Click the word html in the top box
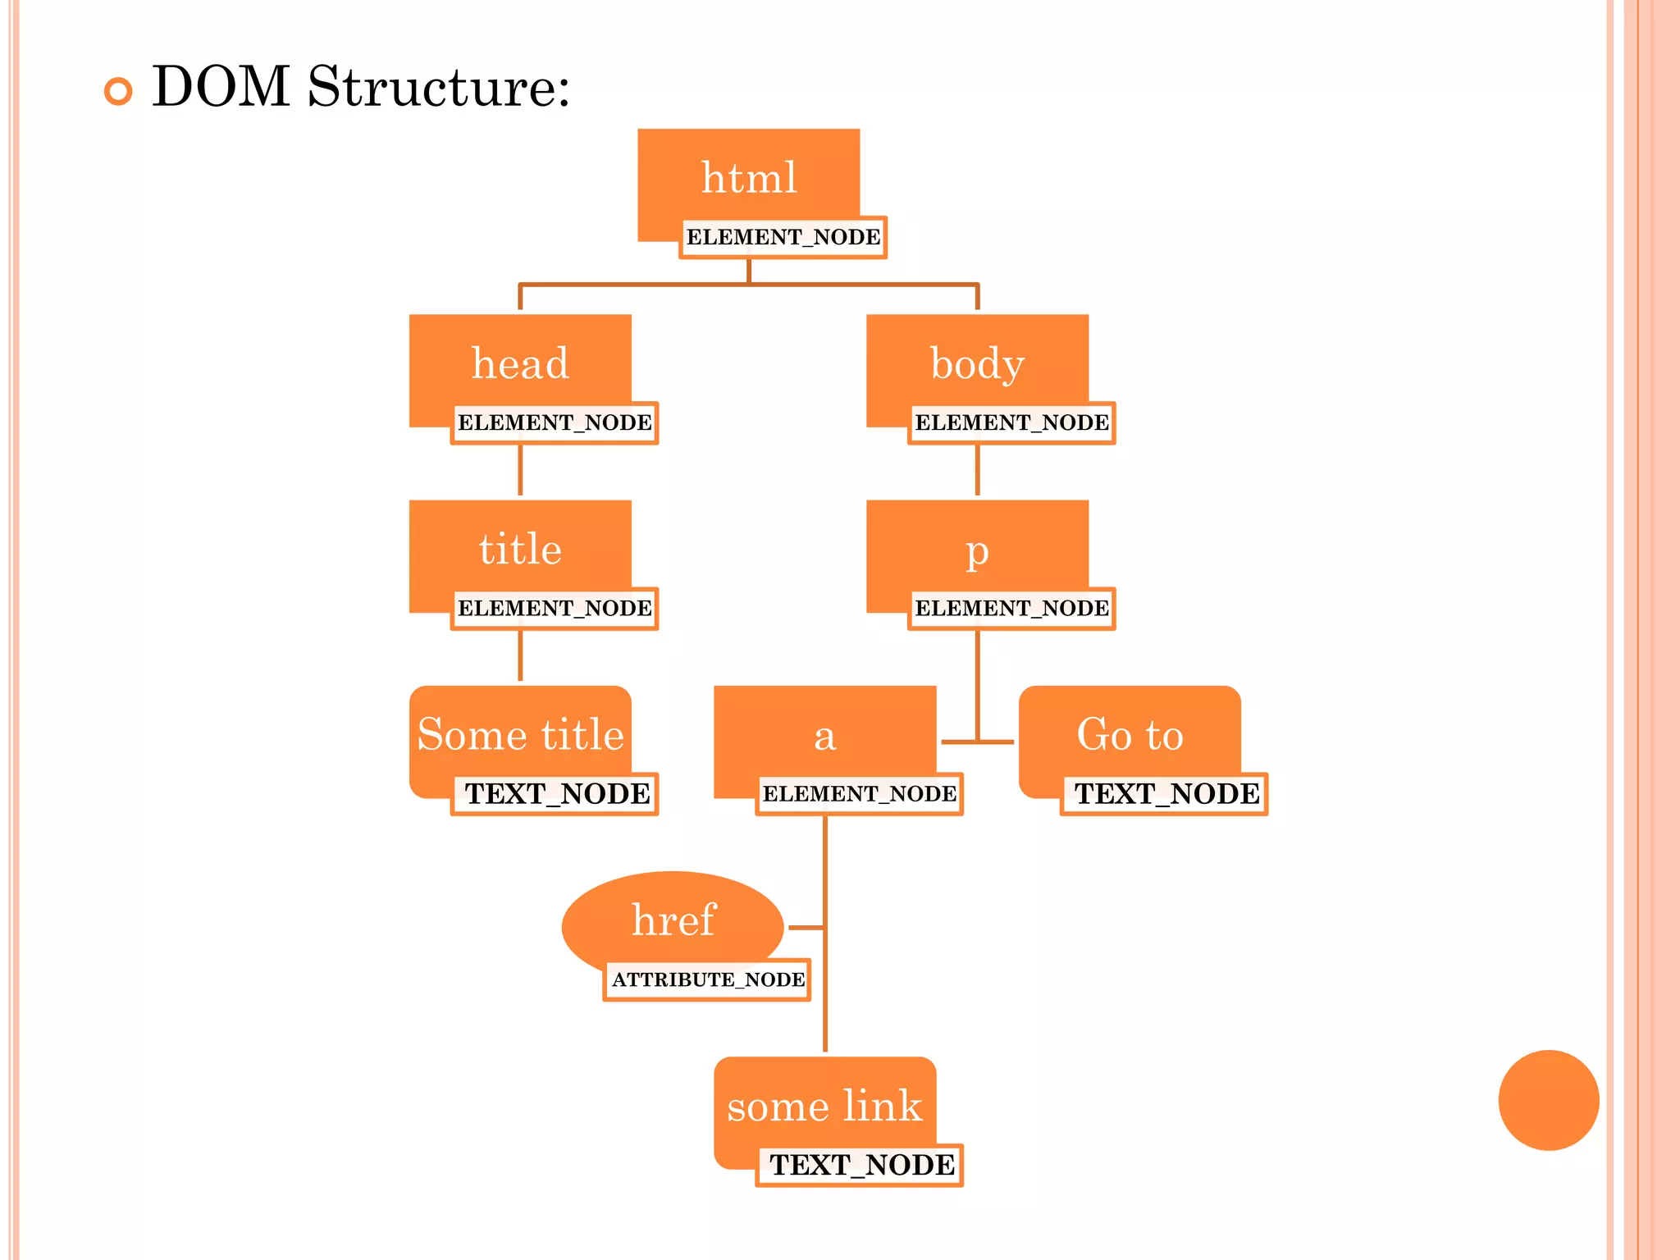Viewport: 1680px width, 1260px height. [749, 178]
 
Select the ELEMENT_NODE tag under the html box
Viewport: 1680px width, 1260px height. [783, 238]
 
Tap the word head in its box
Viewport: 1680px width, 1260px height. [520, 363]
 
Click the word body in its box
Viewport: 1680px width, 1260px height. [977, 363]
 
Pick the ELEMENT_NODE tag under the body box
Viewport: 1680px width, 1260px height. [1011, 423]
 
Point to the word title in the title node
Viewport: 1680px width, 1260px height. [520, 549]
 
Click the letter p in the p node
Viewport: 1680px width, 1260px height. [977, 551]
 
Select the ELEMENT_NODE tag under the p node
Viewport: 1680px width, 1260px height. [1011, 609]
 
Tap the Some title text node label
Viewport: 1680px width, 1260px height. [520, 734]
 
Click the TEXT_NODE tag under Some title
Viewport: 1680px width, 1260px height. [555, 794]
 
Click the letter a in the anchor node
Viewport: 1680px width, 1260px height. [824, 736]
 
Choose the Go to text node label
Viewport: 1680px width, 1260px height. [1130, 734]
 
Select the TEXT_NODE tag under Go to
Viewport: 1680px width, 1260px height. [1165, 794]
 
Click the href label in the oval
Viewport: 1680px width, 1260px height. [673, 920]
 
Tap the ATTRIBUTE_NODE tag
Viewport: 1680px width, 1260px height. [707, 979]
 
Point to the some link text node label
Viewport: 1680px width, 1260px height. [824, 1106]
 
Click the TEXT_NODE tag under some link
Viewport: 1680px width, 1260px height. [861, 1165]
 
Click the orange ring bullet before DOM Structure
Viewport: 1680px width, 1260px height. [118, 91]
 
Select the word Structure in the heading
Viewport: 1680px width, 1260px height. [438, 87]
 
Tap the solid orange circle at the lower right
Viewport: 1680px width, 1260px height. [1548, 1100]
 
